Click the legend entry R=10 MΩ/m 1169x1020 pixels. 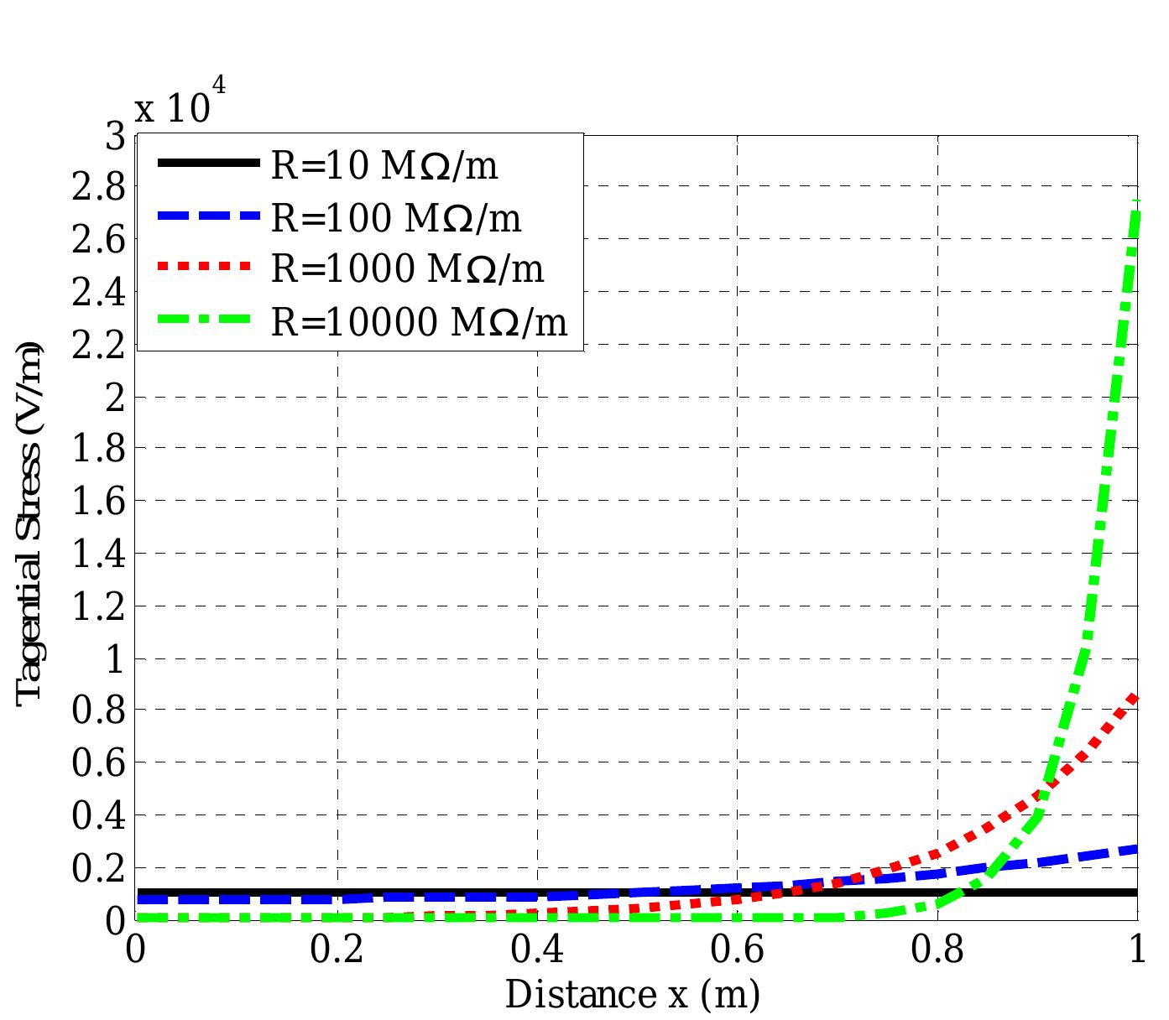click(x=384, y=166)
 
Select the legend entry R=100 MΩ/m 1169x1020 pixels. click(x=395, y=218)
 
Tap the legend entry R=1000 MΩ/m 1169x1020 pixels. click(x=407, y=269)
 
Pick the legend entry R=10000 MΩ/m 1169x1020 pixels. click(x=419, y=321)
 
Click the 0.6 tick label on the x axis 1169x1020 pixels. click(x=738, y=950)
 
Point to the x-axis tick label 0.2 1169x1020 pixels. click(x=337, y=950)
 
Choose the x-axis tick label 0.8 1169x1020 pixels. click(x=938, y=950)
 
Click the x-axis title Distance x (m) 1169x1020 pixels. click(x=632, y=995)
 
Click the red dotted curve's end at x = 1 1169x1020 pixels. click(x=1136, y=696)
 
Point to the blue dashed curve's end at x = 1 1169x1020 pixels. click(x=1136, y=850)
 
